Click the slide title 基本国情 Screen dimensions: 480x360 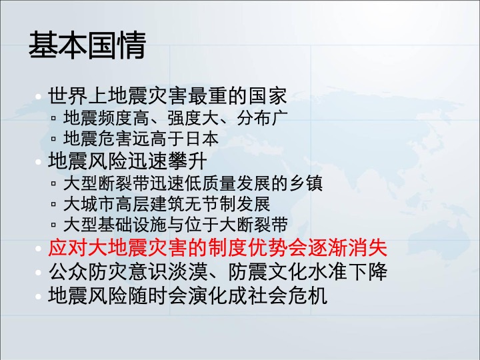(x=87, y=45)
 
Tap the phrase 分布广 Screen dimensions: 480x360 (x=263, y=118)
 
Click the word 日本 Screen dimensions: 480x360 (x=202, y=139)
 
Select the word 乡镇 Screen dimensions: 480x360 (x=305, y=183)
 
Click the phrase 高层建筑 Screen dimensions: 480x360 (x=150, y=204)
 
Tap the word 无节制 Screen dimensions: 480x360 (x=210, y=204)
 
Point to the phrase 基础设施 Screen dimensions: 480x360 (x=132, y=225)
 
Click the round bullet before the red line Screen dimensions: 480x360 (x=38, y=248)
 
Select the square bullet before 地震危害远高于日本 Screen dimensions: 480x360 (x=53, y=139)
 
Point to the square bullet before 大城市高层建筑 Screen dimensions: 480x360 (x=53, y=204)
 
